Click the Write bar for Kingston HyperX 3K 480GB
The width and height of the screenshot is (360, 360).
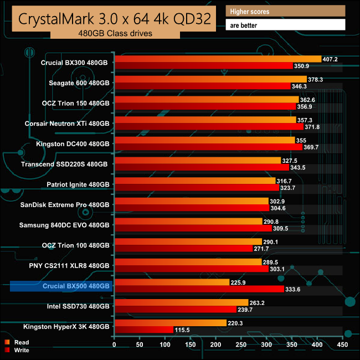[145, 330]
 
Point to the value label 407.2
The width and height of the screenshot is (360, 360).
[330, 59]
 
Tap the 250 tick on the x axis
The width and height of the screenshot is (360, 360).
[241, 344]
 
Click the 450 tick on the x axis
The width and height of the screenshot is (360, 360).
[342, 344]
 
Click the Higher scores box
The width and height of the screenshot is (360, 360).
[286, 11]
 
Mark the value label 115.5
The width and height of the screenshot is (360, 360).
[183, 330]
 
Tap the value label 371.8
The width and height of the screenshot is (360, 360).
[312, 127]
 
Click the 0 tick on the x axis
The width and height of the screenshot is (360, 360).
[114, 344]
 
